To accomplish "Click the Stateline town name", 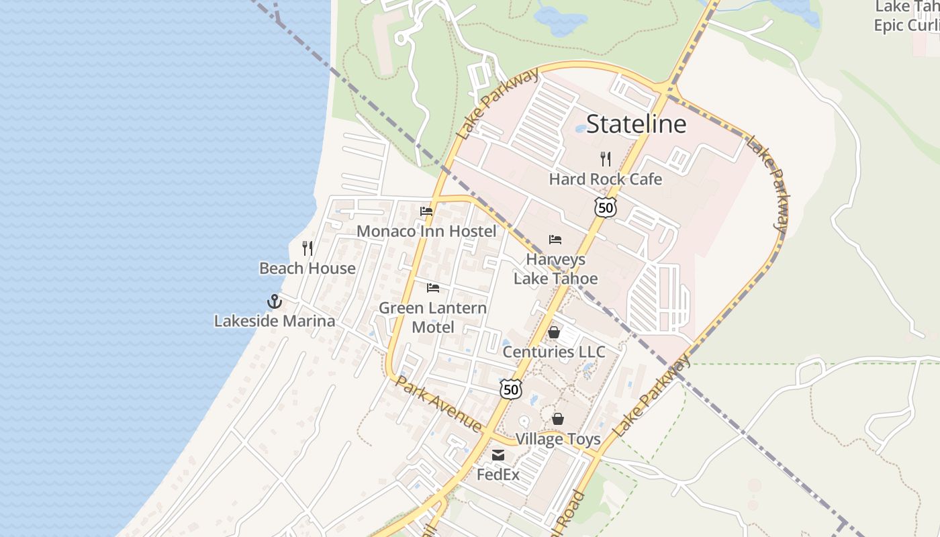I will [x=636, y=124].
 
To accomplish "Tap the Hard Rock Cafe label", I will [x=605, y=179].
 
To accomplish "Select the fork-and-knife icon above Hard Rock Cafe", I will [x=606, y=159].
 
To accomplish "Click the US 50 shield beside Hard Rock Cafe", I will [x=606, y=207].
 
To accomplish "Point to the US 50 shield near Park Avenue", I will [x=511, y=389].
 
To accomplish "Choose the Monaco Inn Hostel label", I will [x=426, y=232].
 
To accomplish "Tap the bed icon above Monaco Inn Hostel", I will [x=426, y=211].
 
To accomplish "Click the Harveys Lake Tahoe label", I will [x=555, y=268].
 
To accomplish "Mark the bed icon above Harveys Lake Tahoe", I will [x=555, y=240].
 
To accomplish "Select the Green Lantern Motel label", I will [x=432, y=318].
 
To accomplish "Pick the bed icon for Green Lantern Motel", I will [x=433, y=288].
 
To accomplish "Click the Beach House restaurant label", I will [x=308, y=268].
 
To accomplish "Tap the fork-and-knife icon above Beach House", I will [x=308, y=248].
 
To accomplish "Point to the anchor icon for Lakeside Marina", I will [x=274, y=301].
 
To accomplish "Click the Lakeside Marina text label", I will [x=275, y=322].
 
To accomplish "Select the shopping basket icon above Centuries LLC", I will [x=554, y=332].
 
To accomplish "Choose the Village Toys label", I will [x=558, y=440].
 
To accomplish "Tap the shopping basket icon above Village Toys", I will [x=558, y=420].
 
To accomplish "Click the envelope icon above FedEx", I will [x=498, y=455].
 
